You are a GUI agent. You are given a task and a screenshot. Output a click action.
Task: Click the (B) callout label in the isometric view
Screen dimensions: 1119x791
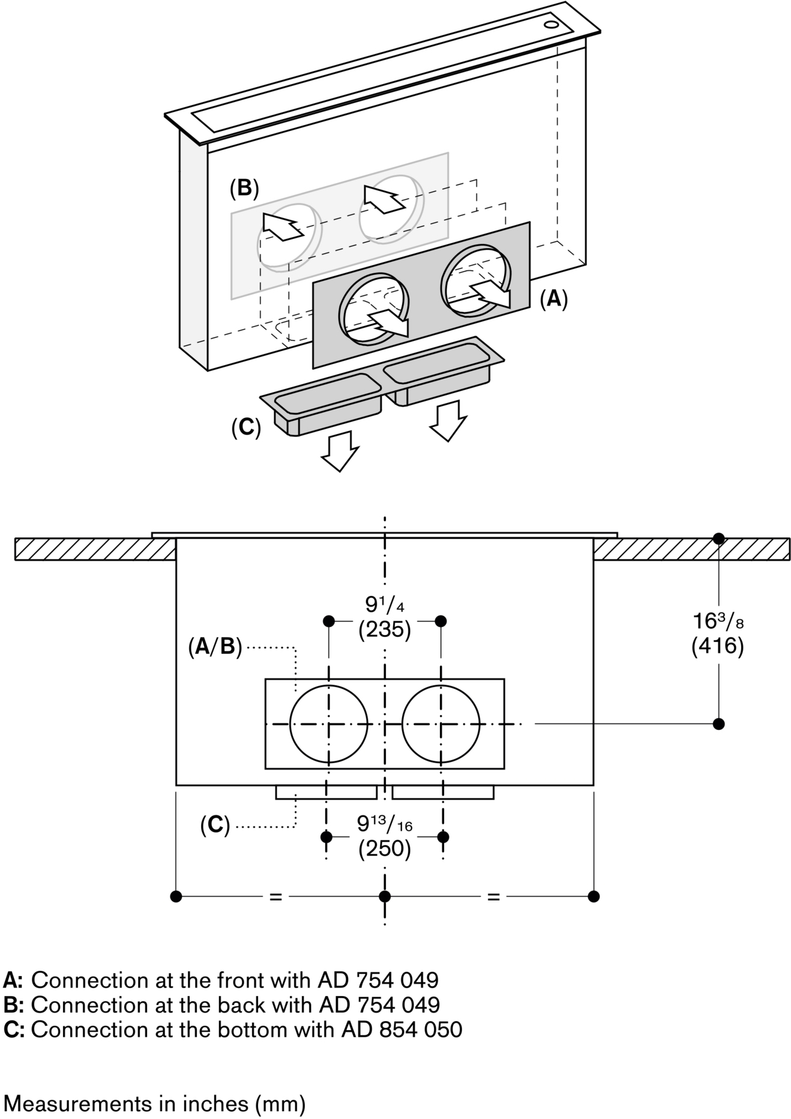(244, 188)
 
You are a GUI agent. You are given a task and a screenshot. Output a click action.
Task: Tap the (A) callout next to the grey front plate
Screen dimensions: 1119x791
(553, 298)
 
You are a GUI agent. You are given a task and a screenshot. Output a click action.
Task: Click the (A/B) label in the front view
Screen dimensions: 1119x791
(214, 647)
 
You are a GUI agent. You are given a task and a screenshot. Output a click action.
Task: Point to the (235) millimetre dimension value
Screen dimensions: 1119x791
(384, 630)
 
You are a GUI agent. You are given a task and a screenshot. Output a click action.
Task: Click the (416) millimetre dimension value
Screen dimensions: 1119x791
(717, 646)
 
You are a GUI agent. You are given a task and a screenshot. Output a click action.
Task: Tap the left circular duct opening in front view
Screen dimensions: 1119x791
(328, 724)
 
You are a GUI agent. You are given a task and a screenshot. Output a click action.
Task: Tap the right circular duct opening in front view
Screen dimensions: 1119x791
(441, 724)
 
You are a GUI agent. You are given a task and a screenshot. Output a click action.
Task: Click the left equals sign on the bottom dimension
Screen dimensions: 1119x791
(275, 897)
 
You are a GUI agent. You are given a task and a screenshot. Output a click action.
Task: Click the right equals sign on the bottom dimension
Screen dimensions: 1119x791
(493, 897)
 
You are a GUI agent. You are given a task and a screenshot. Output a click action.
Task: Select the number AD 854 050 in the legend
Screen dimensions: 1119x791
(402, 1030)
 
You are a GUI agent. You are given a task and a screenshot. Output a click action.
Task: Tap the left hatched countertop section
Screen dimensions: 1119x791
(95, 549)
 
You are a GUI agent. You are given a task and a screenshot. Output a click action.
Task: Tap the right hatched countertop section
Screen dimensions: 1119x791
(690, 549)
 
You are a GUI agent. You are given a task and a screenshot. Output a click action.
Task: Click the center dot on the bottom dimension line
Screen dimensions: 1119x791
(385, 896)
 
